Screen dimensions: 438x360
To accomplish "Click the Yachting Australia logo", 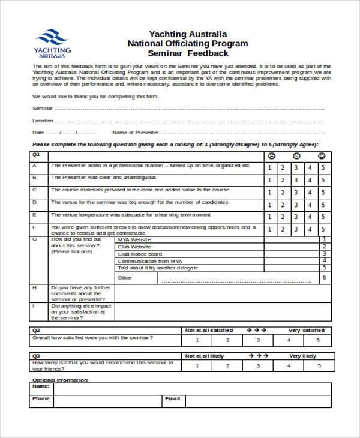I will (53, 43).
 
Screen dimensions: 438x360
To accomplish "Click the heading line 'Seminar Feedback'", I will (187, 53).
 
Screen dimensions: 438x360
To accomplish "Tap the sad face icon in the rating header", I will (271, 156).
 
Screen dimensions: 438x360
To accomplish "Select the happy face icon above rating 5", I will (322, 156).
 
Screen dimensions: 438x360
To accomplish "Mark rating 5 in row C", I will (323, 193).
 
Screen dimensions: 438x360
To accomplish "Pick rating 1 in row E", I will (271, 217).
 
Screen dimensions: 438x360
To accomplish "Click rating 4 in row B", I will (310, 181).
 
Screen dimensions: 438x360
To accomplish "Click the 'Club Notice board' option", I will (140, 254).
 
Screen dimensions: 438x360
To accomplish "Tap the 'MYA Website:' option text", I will (135, 239).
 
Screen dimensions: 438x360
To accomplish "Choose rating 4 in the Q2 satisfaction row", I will (289, 340).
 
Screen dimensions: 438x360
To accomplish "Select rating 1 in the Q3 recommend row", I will (197, 365).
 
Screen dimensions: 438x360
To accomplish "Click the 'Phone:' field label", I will (41, 398).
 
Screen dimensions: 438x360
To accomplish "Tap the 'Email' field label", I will (172, 398).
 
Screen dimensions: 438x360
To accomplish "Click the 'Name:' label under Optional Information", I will (40, 388).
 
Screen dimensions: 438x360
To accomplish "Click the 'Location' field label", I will (43, 121).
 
